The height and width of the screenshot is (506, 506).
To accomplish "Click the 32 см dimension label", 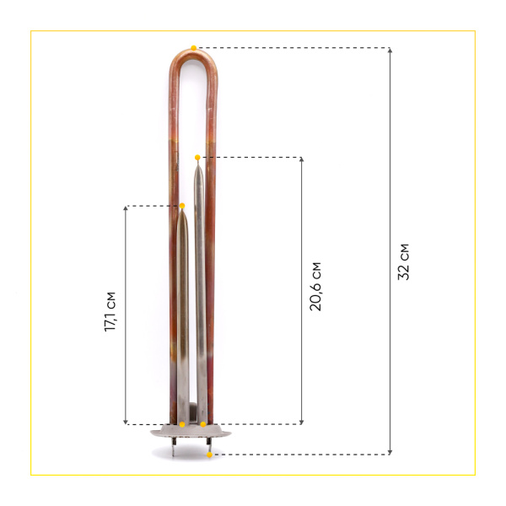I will [x=404, y=261].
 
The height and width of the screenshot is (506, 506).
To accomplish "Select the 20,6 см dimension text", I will [x=315, y=287].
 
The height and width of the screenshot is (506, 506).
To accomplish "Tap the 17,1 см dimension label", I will [x=111, y=313].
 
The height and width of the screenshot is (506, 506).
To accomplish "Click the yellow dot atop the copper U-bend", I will [x=194, y=48].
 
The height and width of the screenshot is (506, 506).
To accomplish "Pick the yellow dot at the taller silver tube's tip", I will [x=197, y=158].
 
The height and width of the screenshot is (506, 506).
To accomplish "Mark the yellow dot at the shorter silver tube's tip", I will [x=182, y=206].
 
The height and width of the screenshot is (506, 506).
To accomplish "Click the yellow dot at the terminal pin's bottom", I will [x=209, y=455].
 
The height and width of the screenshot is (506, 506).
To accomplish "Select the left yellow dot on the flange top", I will [x=182, y=423].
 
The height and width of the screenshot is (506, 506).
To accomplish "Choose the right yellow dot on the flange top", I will [x=203, y=423].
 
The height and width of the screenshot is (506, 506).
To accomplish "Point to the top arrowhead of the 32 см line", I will [x=390, y=51].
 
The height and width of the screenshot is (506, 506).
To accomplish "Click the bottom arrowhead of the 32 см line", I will [x=390, y=452].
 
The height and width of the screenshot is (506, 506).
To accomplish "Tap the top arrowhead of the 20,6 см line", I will [x=301, y=160].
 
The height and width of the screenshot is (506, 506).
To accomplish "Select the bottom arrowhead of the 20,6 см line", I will [x=301, y=421].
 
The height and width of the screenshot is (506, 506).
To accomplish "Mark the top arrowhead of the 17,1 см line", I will [x=126, y=208].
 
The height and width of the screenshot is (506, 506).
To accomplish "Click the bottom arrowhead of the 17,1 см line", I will [x=126, y=421].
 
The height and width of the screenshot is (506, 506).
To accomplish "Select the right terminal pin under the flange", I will [x=208, y=446].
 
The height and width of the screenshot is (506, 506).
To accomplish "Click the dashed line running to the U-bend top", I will [x=295, y=48].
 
